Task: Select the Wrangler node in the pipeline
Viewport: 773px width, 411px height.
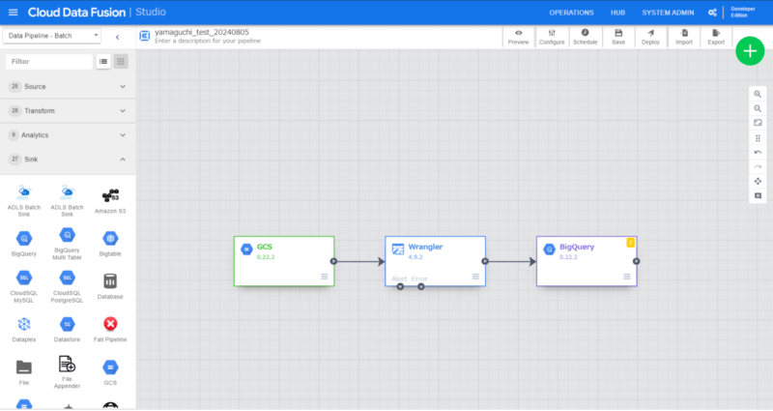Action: (x=434, y=260)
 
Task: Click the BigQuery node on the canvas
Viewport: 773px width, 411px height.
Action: (x=586, y=260)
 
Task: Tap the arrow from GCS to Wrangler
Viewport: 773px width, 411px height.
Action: (x=358, y=261)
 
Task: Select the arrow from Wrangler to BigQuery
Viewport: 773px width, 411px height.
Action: (x=510, y=261)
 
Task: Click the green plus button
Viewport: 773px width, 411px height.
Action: (x=750, y=51)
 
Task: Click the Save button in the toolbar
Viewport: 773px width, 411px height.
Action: (x=618, y=37)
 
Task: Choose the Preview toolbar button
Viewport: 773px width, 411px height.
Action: (x=518, y=37)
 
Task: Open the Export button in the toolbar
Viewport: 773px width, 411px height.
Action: (x=716, y=37)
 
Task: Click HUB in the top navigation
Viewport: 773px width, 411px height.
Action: (x=618, y=13)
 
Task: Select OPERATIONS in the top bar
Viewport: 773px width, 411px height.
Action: (x=571, y=13)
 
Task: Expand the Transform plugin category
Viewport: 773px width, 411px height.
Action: (x=68, y=111)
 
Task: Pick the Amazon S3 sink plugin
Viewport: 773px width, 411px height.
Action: (x=112, y=199)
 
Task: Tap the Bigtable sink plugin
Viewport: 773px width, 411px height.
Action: (x=112, y=242)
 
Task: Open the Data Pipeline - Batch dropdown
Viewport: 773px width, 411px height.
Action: (x=52, y=36)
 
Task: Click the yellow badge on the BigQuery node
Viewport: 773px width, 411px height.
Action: (x=631, y=242)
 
